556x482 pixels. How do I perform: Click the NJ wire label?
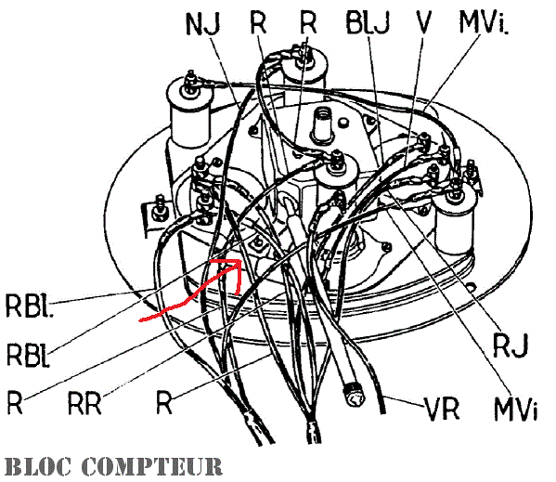tap(203, 24)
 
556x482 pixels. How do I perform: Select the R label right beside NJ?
tap(258, 22)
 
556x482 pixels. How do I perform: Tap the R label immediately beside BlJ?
tap(308, 22)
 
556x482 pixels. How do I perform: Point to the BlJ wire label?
tap(368, 22)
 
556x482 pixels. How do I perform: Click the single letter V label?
tap(423, 22)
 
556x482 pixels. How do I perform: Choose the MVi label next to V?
tap(484, 22)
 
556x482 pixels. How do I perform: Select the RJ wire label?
tap(511, 345)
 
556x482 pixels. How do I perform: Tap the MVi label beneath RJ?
tap(515, 410)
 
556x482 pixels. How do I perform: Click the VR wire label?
tap(442, 410)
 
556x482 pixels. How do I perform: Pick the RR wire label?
tap(84, 404)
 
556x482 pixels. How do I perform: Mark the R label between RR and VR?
tap(164, 402)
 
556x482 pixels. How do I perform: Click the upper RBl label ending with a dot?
tap(30, 306)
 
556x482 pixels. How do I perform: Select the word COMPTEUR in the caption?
tap(152, 466)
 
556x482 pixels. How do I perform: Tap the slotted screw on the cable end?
tap(354, 396)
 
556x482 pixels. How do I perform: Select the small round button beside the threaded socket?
tap(343, 123)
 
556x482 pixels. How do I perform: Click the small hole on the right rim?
tap(471, 286)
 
